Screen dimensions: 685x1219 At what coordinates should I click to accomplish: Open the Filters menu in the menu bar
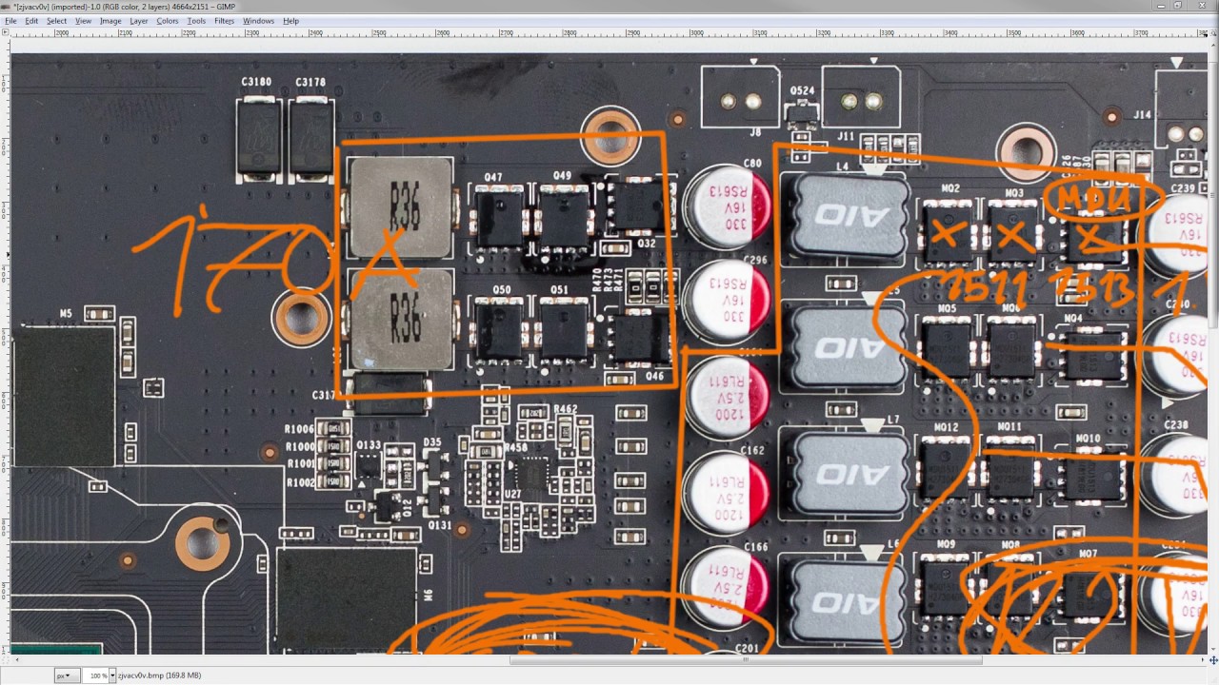pos(225,21)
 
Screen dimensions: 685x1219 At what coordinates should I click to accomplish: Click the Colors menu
pos(168,21)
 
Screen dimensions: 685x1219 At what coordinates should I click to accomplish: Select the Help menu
pos(290,21)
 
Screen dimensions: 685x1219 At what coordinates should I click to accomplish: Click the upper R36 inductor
pos(400,207)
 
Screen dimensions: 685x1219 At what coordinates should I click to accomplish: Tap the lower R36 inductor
pos(400,319)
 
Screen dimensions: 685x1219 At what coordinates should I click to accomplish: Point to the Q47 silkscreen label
pos(493,177)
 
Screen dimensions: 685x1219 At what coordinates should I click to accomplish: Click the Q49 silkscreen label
pos(562,176)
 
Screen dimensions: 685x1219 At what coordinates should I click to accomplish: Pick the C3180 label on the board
pos(256,83)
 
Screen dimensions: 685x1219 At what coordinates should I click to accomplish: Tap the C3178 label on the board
pos(310,83)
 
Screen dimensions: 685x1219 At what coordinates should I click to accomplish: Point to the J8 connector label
pos(754,133)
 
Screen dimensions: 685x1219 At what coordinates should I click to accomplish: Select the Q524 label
pos(803,91)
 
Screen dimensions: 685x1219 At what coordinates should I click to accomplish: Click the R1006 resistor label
pos(299,429)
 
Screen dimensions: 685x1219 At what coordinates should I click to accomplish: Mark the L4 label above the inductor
pos(842,166)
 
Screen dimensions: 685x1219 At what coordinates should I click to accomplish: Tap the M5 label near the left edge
pos(66,313)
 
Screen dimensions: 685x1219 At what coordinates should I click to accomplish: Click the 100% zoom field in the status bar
pos(95,675)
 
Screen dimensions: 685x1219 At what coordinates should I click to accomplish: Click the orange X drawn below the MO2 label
pos(946,233)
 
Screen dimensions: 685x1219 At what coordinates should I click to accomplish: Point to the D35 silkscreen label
pos(432,442)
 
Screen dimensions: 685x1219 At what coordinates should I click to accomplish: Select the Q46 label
pos(654,376)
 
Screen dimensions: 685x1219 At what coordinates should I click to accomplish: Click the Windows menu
pos(258,21)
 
